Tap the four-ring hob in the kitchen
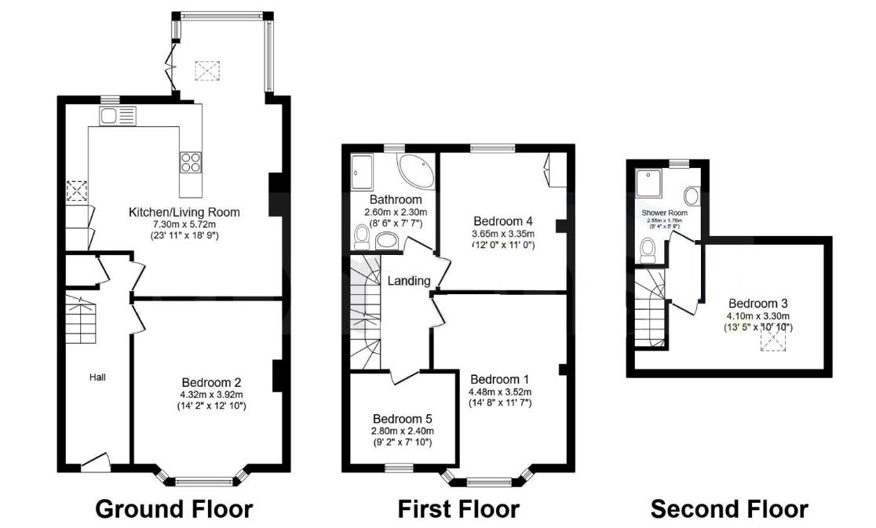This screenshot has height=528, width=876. [x=191, y=161]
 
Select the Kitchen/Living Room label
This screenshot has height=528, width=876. [x=184, y=213]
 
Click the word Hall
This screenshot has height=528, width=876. [x=97, y=377]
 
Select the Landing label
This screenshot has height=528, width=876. [x=408, y=281]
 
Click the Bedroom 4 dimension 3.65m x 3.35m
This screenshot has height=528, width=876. [x=502, y=234]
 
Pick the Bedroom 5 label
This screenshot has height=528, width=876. [x=403, y=418]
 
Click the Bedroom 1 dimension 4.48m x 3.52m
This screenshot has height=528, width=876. [x=499, y=392]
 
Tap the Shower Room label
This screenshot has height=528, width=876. [x=664, y=213]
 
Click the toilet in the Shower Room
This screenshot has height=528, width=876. [x=648, y=249]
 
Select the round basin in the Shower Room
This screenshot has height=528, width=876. [x=692, y=195]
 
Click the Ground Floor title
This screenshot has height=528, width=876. [x=173, y=509]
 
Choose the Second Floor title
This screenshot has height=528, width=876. [x=728, y=509]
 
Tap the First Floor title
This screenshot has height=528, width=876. [x=458, y=509]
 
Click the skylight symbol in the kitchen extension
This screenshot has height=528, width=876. [x=206, y=71]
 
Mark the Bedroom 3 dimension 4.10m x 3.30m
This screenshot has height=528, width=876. [x=757, y=317]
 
